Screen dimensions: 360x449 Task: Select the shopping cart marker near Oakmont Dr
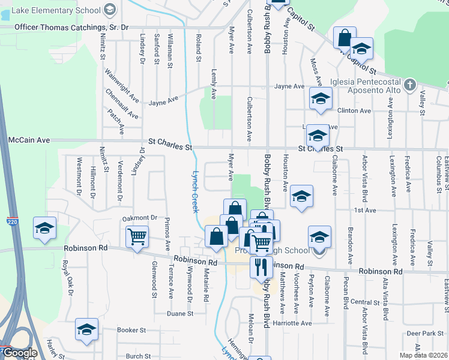point(137,237)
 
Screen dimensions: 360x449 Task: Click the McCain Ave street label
point(28,140)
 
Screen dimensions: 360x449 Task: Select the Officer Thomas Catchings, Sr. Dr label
point(71,28)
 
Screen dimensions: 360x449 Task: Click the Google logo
point(19,353)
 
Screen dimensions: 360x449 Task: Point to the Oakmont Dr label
point(139,218)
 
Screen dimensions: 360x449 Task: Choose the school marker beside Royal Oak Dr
point(45,228)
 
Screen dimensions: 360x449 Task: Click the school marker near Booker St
point(87,330)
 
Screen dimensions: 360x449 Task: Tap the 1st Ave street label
point(364,211)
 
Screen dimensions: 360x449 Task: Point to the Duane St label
point(180,313)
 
